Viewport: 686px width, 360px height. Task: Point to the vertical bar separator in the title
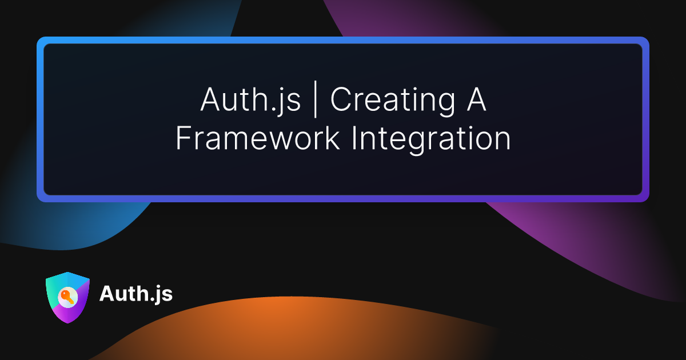pos(316,99)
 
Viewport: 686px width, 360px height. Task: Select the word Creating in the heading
pos(393,101)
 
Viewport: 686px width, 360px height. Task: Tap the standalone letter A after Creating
pos(476,99)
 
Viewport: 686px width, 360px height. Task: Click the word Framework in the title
pos(258,138)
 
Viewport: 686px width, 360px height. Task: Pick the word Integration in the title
pos(432,140)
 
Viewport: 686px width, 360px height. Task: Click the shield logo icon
pos(67,297)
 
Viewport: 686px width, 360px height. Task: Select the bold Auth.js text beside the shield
pos(136,294)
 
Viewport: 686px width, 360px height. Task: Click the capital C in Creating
pos(341,99)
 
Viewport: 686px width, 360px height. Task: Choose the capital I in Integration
pos(354,138)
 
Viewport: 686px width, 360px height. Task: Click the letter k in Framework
pos(332,138)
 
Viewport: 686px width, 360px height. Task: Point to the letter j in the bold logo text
pos(157,295)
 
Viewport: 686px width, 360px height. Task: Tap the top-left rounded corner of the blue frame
pos(39,39)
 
